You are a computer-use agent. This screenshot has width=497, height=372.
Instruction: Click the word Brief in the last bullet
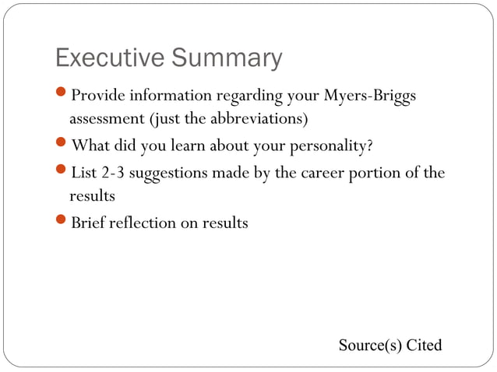coord(90,223)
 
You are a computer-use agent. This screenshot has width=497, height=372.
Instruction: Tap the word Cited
coord(424,345)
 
